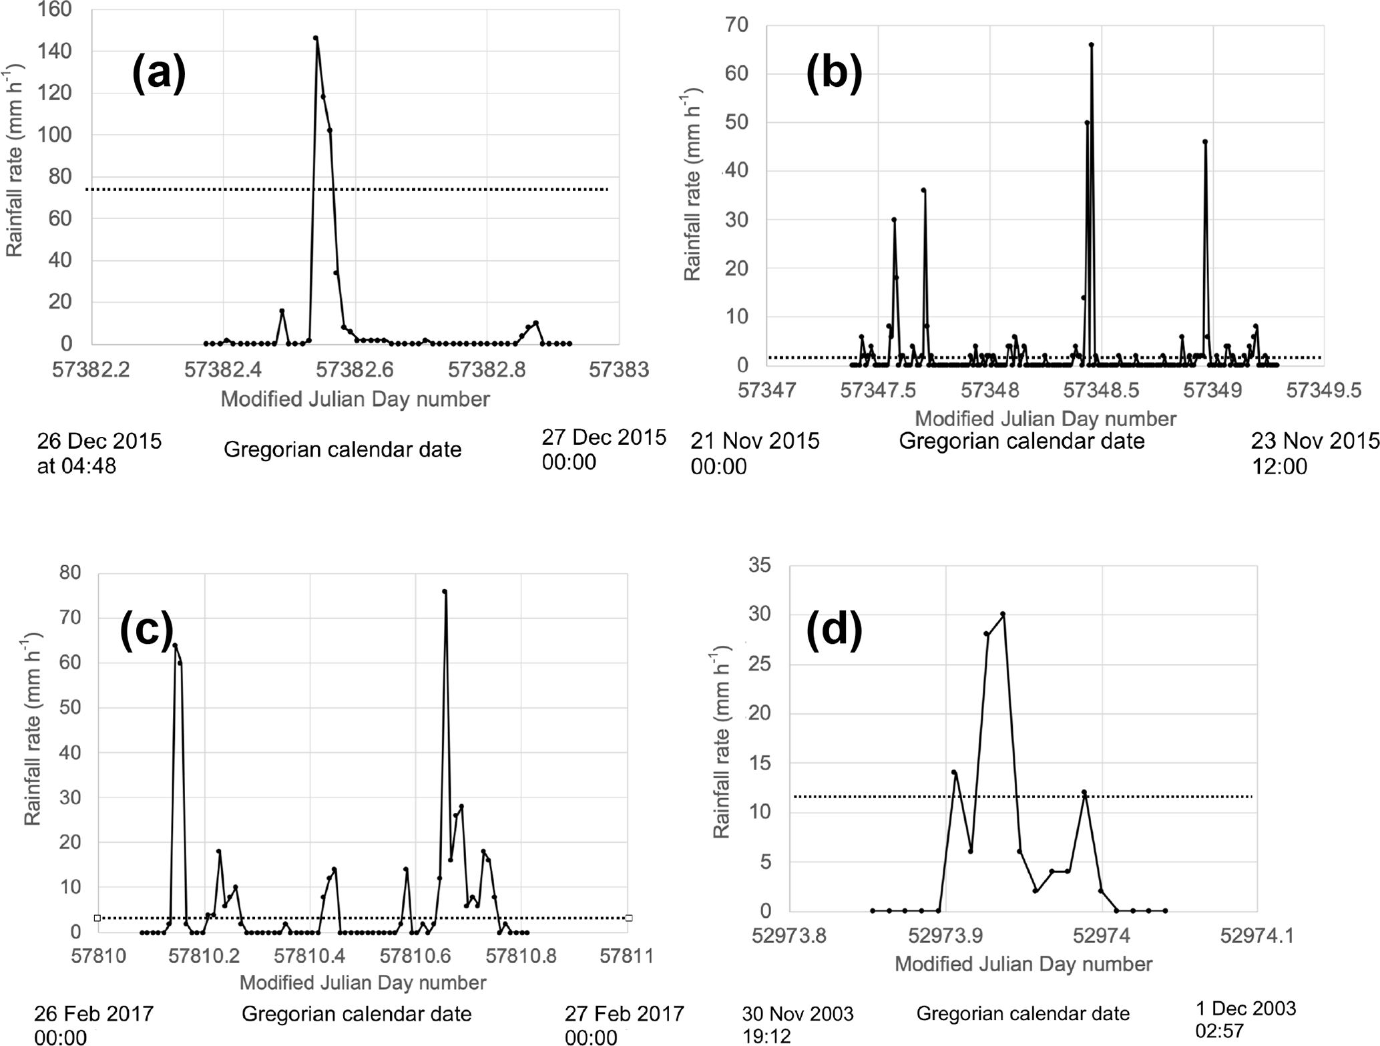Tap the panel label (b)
(834, 73)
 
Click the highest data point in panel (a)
(316, 38)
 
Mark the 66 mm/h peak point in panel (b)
(1091, 45)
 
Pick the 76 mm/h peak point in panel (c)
(445, 591)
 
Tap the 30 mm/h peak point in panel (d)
(1003, 614)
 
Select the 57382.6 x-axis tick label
(356, 369)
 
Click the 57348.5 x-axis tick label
(1101, 390)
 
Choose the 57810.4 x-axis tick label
(310, 956)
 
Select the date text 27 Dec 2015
(604, 438)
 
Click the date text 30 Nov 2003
(797, 1014)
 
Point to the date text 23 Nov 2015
(1315, 441)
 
